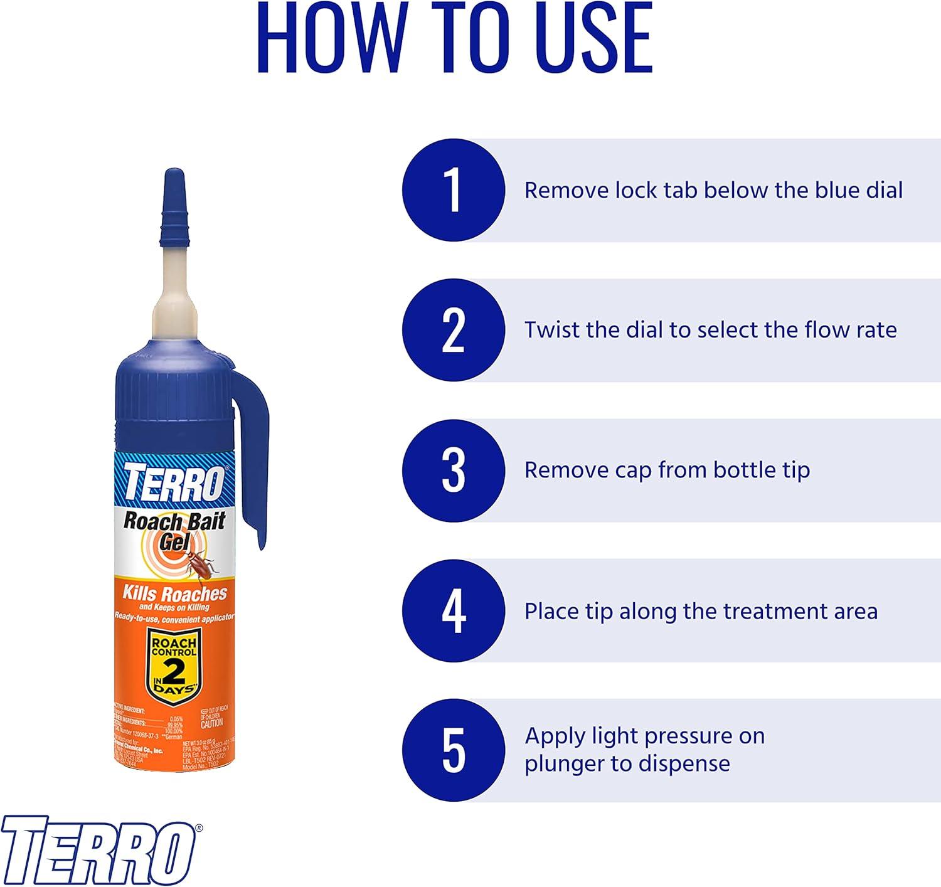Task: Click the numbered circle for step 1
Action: pyautogui.click(x=453, y=190)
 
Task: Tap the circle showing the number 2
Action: pyautogui.click(x=453, y=330)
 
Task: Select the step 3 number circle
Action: pyautogui.click(x=453, y=470)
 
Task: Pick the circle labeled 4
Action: pyautogui.click(x=453, y=610)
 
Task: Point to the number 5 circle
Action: pyautogui.click(x=453, y=750)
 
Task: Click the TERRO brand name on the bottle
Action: pyautogui.click(x=173, y=482)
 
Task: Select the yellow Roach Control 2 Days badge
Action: pyautogui.click(x=174, y=667)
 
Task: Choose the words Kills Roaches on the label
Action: pyautogui.click(x=174, y=593)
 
